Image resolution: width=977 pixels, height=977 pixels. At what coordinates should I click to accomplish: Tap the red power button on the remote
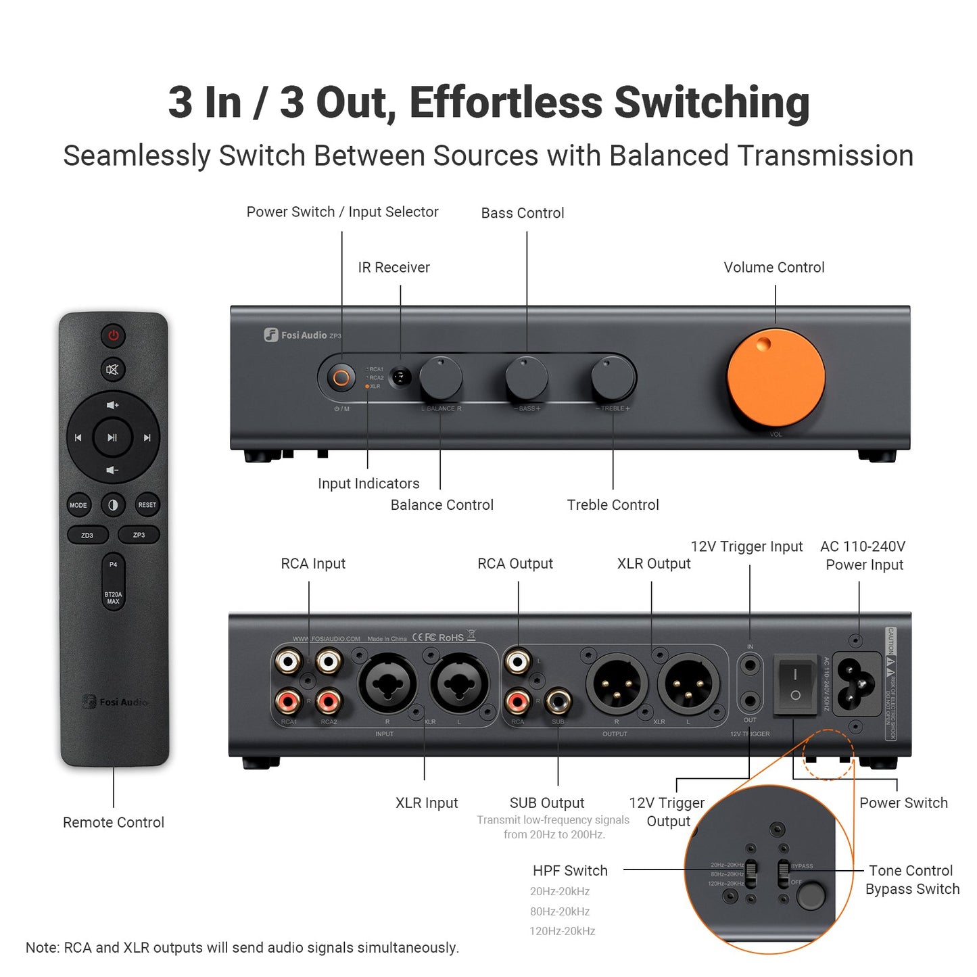[113, 335]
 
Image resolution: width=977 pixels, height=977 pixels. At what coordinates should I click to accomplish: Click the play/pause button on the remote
[112, 437]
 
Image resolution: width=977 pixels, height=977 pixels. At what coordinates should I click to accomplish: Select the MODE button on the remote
[78, 505]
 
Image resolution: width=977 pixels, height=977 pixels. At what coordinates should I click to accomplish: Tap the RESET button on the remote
[147, 505]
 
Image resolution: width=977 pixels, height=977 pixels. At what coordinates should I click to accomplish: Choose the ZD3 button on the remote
[87, 535]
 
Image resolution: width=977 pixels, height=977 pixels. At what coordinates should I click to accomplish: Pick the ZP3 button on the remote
[139, 535]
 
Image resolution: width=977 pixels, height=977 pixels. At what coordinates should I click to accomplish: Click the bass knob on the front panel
[527, 379]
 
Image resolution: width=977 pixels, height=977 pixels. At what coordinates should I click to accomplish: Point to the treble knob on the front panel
[613, 379]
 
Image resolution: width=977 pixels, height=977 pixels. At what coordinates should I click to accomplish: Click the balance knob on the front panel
[441, 379]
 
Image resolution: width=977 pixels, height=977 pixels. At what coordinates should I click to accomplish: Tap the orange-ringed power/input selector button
[341, 377]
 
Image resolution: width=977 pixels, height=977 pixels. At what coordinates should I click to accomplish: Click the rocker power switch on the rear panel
[795, 684]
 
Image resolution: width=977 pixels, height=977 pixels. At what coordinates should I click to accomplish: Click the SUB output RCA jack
[558, 702]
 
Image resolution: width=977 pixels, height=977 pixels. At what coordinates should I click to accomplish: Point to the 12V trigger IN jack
[750, 665]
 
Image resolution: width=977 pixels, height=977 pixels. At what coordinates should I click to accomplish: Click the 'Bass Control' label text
[523, 213]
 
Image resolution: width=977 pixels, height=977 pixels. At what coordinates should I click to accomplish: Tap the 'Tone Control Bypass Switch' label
[912, 880]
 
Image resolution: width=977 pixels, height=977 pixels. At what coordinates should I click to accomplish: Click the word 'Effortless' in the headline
[505, 103]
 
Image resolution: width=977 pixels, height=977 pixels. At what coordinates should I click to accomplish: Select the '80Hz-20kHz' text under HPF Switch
[560, 911]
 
